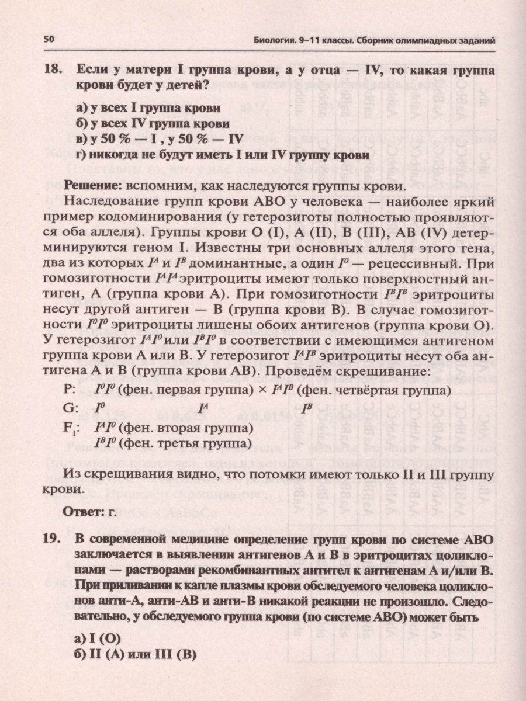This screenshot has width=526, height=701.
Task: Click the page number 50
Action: coord(49,40)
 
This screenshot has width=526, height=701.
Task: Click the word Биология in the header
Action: coord(278,40)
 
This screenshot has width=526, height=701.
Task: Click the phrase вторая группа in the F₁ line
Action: coord(199,429)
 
